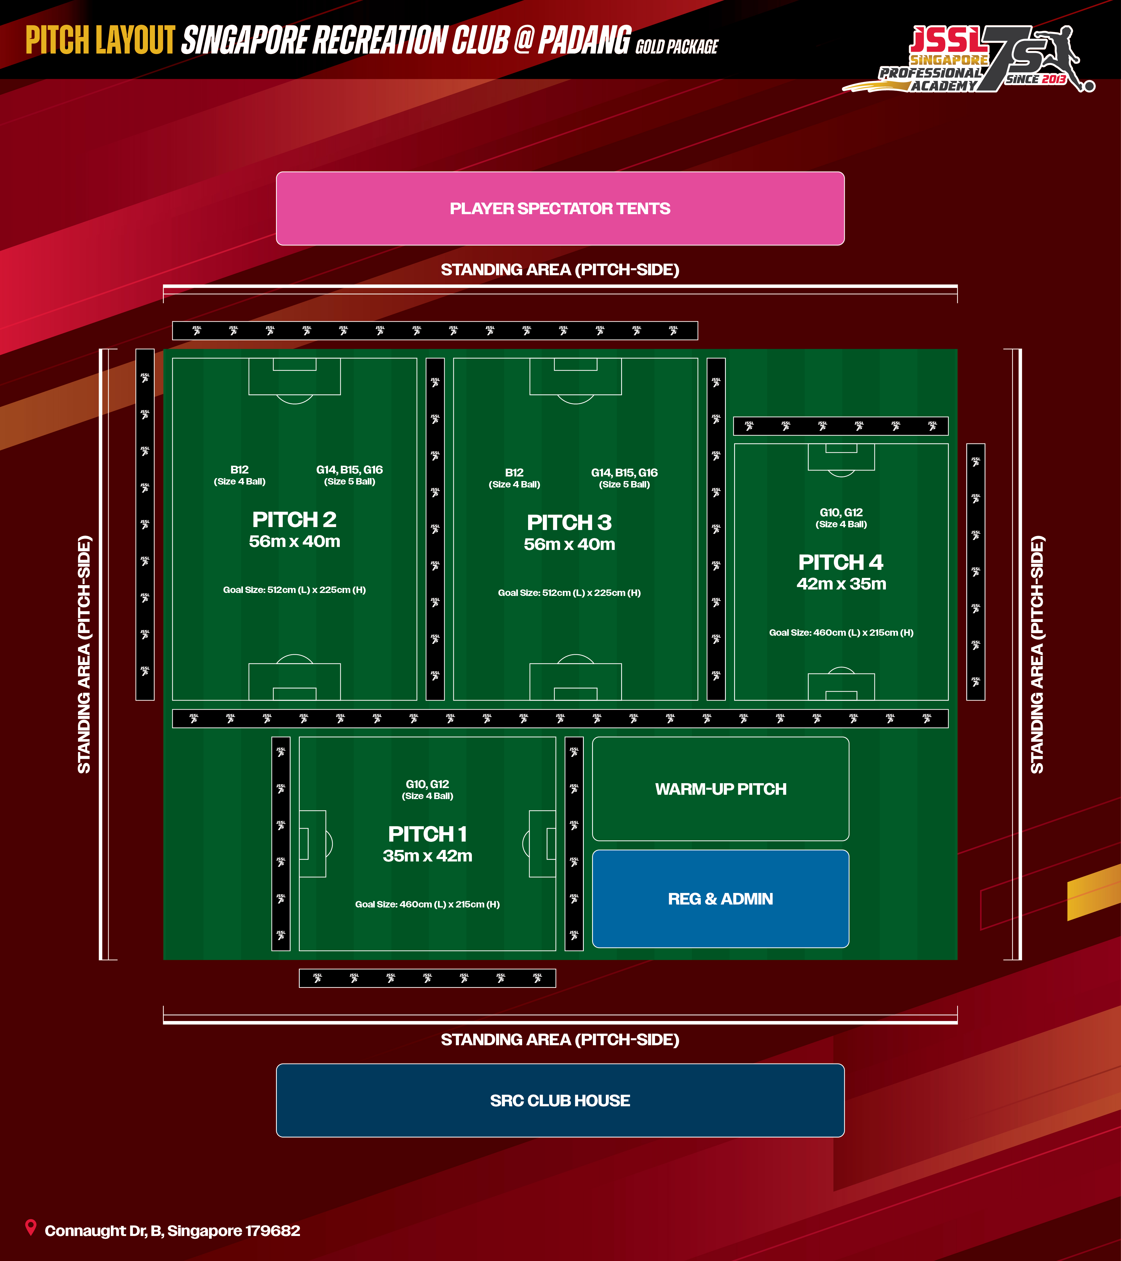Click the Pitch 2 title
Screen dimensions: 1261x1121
click(294, 520)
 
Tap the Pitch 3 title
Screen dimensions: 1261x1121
click(569, 522)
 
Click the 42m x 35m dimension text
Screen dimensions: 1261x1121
click(841, 584)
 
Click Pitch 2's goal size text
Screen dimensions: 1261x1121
click(294, 590)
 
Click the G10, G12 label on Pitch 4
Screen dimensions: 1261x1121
click(841, 513)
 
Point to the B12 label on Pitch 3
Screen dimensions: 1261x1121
click(514, 472)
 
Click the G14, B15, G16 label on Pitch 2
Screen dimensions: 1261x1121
click(349, 469)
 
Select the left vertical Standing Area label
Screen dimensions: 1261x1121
click(84, 654)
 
